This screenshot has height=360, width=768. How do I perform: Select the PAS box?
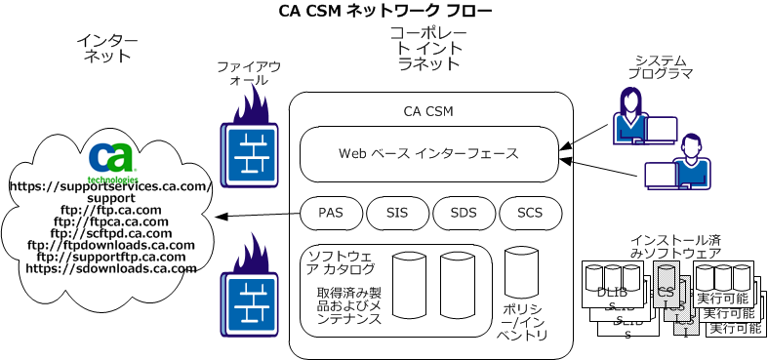click(331, 212)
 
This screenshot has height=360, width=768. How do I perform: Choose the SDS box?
click(464, 212)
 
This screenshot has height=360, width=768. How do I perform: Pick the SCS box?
click(530, 212)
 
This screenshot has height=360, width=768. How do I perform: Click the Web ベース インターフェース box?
click(427, 153)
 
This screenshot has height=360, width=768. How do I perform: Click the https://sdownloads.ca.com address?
click(110, 268)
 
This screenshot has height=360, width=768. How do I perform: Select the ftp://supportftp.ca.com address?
click(110, 257)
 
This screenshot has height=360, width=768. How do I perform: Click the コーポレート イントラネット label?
click(427, 49)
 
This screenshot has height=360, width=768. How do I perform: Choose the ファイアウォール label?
click(248, 73)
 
